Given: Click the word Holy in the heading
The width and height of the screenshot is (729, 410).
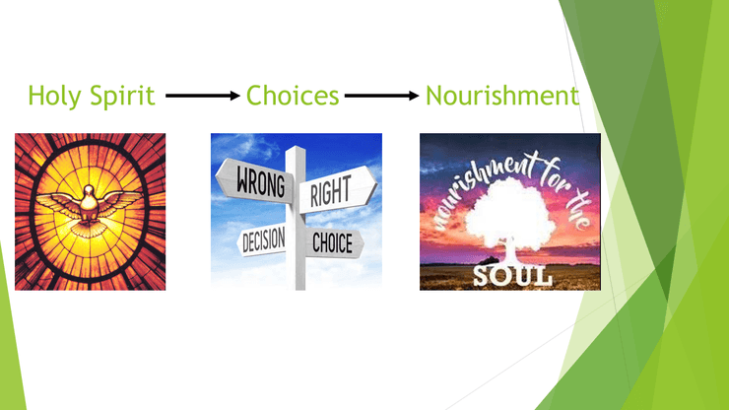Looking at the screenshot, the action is [x=55, y=96].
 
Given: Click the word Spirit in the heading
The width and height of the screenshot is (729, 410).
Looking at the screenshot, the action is [x=122, y=96].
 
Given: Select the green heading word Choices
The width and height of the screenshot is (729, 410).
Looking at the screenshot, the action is [x=293, y=96].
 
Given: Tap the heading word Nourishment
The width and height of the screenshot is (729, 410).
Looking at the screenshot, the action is [x=502, y=96].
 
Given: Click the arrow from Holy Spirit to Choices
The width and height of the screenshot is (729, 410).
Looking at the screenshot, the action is [x=203, y=96].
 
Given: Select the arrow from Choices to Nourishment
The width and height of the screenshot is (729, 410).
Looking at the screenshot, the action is [x=381, y=96].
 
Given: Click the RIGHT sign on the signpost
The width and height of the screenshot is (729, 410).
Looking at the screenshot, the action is [x=338, y=189].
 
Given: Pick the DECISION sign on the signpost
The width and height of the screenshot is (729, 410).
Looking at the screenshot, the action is [x=261, y=239].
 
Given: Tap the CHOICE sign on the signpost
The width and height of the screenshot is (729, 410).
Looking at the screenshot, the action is [x=334, y=242].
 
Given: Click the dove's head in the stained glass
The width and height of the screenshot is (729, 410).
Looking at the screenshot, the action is [x=89, y=190].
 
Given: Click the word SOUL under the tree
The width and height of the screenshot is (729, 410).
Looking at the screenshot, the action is [x=512, y=276].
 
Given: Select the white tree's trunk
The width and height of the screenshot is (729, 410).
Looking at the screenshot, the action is [x=510, y=251].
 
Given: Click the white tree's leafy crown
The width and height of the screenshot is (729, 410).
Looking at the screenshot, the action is [x=510, y=209].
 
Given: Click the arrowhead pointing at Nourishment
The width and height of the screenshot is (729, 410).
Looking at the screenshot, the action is [x=414, y=96].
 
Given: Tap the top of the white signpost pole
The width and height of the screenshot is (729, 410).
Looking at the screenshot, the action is [x=296, y=148].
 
